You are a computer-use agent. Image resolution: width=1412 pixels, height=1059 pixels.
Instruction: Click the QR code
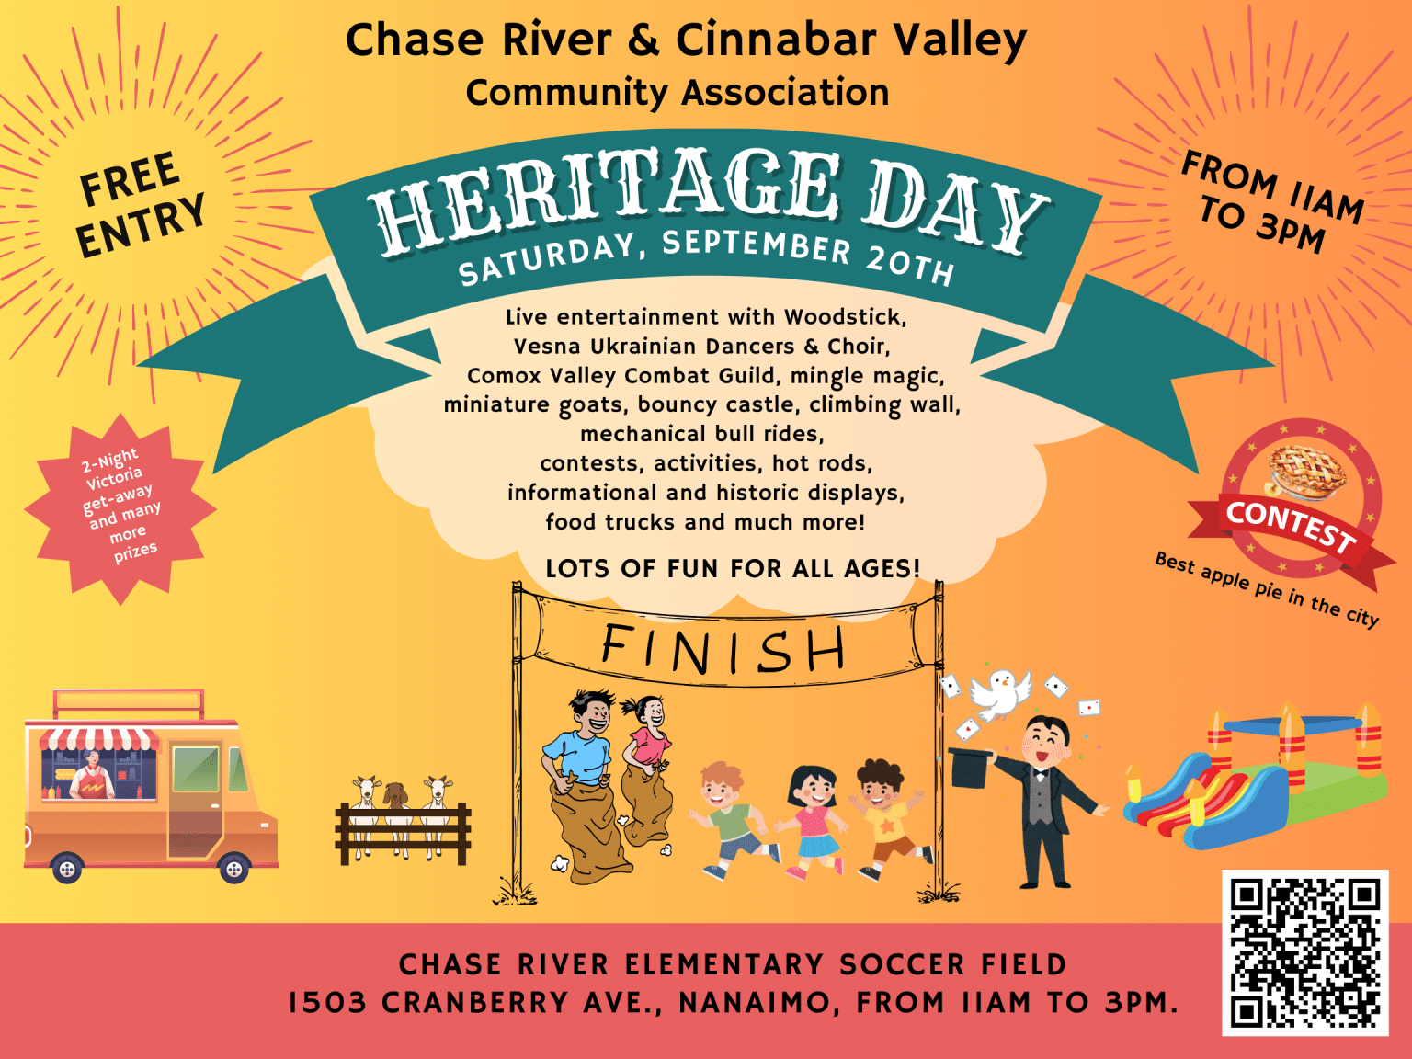pos(1304,953)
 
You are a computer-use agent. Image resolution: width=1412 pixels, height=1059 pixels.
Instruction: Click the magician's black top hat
pos(970,767)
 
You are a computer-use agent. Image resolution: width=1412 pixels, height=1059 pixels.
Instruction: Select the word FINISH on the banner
pos(723,649)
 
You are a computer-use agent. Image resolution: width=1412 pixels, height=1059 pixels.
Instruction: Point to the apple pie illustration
pos(1306,472)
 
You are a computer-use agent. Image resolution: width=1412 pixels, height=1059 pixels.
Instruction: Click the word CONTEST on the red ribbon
pos(1291,525)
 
